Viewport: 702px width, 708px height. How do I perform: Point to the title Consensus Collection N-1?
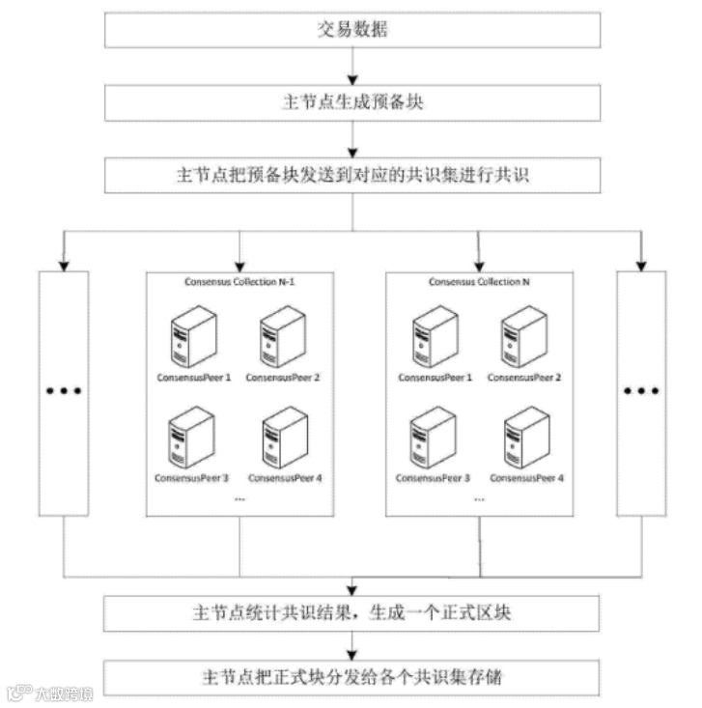click(x=240, y=282)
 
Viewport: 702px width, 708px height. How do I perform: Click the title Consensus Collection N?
click(x=480, y=282)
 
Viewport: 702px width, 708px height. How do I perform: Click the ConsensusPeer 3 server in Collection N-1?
click(x=191, y=435)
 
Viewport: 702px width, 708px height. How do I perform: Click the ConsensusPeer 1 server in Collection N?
click(x=433, y=334)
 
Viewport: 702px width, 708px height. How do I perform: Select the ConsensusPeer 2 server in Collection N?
click(x=523, y=334)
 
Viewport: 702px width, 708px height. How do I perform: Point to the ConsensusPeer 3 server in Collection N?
click(x=433, y=435)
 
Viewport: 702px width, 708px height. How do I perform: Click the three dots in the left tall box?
click(x=63, y=390)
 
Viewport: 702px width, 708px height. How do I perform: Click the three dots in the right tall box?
click(x=640, y=390)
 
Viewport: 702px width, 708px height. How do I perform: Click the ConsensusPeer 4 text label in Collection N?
click(x=525, y=478)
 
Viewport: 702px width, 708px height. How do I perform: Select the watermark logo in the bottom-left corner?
click(x=17, y=693)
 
